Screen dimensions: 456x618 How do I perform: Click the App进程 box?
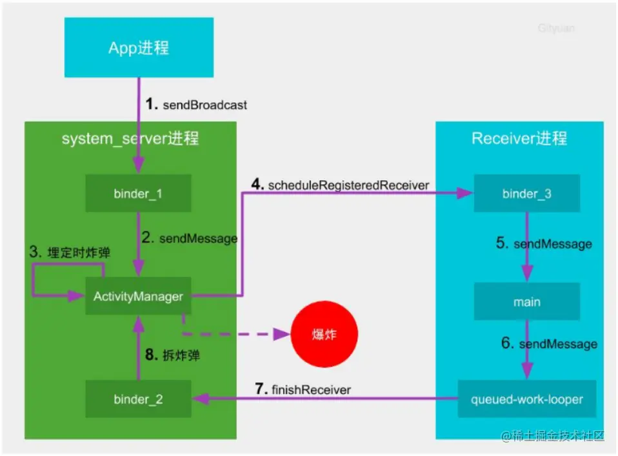[x=139, y=48]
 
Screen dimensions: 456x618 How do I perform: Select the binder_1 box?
[x=138, y=193]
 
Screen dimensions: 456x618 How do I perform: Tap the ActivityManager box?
[x=138, y=296]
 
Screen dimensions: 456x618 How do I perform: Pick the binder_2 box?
[x=138, y=399]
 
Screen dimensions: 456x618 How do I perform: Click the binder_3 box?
[x=526, y=193]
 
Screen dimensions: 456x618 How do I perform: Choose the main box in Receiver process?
[x=526, y=302]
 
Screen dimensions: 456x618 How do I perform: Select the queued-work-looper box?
[x=526, y=399]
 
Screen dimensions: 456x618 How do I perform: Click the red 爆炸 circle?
[x=324, y=335]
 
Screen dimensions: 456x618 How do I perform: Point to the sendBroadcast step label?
[x=197, y=104]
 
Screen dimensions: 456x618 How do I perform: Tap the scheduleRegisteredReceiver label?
[x=340, y=185]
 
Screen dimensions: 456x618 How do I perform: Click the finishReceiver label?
[x=303, y=389]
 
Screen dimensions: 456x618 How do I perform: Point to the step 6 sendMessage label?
[x=549, y=344]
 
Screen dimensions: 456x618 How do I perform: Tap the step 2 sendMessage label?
[x=190, y=238]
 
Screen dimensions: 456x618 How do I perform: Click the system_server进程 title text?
[x=130, y=138]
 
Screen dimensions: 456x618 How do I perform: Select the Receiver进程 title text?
[x=519, y=138]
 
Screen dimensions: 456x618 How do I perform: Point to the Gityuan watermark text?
[x=556, y=28]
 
